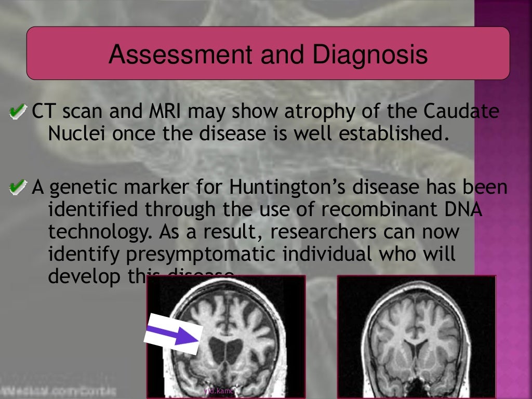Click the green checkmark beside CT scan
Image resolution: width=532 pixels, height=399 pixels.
(18, 111)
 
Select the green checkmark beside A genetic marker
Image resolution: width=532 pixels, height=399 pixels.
(18, 187)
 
